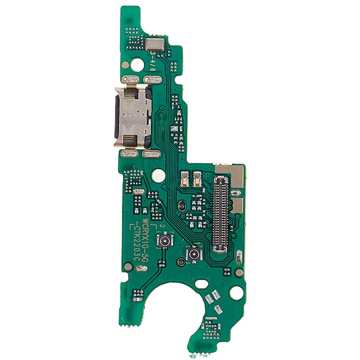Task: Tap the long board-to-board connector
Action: coord(221,214)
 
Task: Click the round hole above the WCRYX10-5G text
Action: coord(157,176)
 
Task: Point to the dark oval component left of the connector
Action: coord(182,205)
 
